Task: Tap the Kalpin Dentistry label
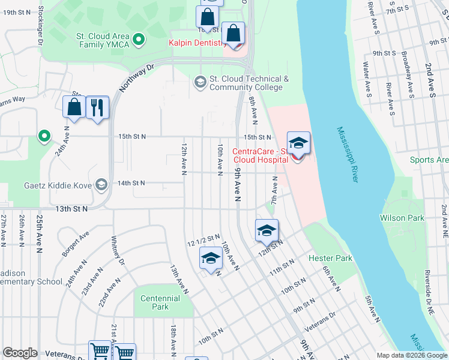click(x=196, y=43)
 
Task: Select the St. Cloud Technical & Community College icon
click(x=200, y=83)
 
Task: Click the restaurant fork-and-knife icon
click(x=97, y=108)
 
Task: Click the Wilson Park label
click(x=402, y=218)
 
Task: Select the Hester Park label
click(x=330, y=259)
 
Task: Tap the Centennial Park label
click(x=160, y=302)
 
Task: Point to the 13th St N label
click(x=71, y=209)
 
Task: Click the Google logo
click(x=20, y=353)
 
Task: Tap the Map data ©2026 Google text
click(x=412, y=355)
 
